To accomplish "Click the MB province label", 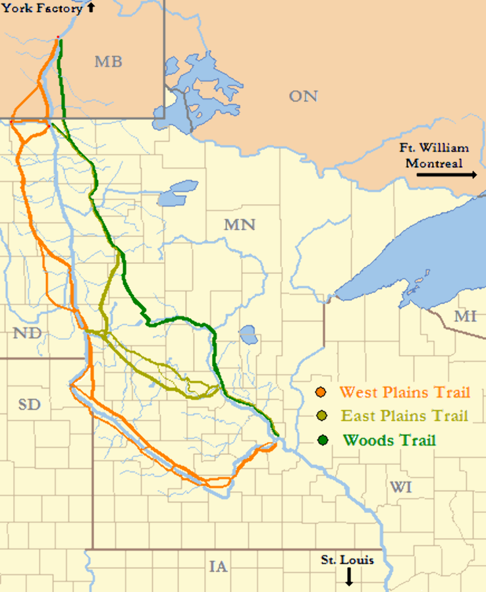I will tap(108, 62).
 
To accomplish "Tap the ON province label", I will tap(303, 96).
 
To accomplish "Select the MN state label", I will tap(239, 225).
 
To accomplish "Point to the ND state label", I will tap(27, 333).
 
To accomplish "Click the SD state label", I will tap(29, 404).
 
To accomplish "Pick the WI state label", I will tap(400, 487).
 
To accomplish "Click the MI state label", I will tap(465, 317).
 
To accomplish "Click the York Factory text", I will tap(42, 9).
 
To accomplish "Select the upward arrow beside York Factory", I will tap(91, 8).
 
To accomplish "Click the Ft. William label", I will tap(437, 148).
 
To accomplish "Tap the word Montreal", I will tap(433, 163).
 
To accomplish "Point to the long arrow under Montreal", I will tap(446, 175).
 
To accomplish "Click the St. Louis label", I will tap(347, 560).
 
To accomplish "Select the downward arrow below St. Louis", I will tap(349, 577).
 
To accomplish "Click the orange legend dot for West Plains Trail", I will tap(321, 392).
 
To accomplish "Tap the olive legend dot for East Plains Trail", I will tap(321, 416).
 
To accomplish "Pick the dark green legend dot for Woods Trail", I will tap(321, 440).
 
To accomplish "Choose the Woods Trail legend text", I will tap(389, 440).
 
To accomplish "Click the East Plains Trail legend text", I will tap(404, 416).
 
